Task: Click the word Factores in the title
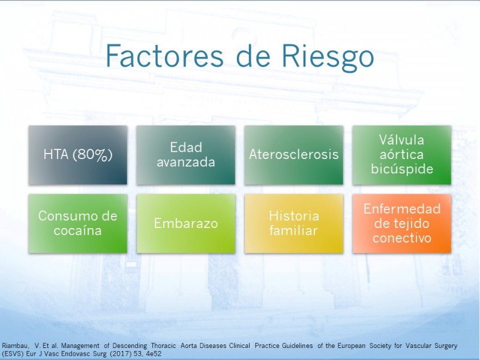[164, 56]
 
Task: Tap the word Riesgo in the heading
[328, 58]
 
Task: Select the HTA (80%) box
[78, 155]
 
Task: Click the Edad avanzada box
[186, 155]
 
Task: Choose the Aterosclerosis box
[294, 155]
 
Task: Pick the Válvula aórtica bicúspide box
[402, 155]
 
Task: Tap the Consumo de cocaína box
[78, 223]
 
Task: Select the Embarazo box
[186, 223]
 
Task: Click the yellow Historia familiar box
[294, 223]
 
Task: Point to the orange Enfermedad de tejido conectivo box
[402, 223]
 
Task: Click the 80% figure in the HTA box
[93, 155]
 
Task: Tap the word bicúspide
[402, 169]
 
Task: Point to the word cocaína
[77, 230]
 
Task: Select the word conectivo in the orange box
[402, 238]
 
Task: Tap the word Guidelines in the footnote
[297, 346]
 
